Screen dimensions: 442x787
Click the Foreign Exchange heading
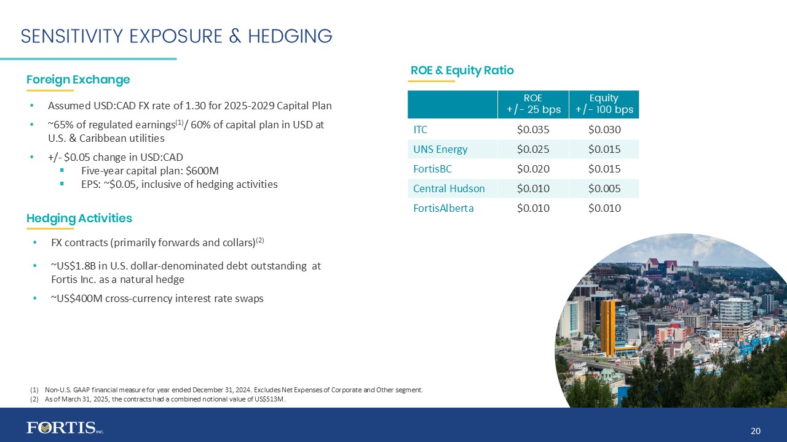coord(78,80)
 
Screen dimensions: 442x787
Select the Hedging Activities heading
coord(79,219)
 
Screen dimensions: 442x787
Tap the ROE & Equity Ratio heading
coord(462,71)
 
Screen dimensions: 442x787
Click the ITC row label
coord(421,130)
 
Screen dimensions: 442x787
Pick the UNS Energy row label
coord(440,149)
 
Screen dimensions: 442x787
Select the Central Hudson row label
coord(449,188)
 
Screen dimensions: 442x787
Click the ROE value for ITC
coord(533,130)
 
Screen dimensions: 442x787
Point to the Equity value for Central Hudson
coord(604,188)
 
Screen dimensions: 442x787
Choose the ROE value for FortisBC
coord(533,169)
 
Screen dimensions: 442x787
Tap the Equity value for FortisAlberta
coord(604,208)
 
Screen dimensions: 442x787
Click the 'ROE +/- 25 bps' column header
coord(533,104)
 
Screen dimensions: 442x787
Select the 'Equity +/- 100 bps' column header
coord(604,104)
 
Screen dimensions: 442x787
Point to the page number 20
coord(756,431)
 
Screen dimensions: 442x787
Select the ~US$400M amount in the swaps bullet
coord(73,299)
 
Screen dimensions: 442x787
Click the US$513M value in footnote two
coord(272,399)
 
